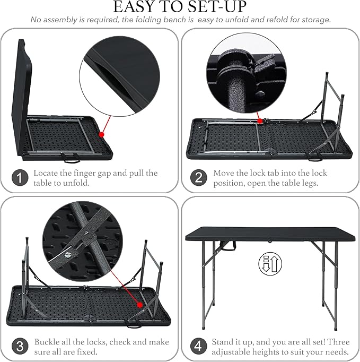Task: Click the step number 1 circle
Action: pyautogui.click(x=20, y=178)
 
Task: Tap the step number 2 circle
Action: pyautogui.click(x=199, y=178)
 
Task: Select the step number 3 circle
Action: pyautogui.click(x=20, y=346)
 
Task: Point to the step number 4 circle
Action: pyautogui.click(x=199, y=346)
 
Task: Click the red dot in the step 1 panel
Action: pyautogui.click(x=101, y=134)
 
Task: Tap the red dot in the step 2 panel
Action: pyautogui.click(x=260, y=120)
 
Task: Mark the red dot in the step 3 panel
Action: pyautogui.click(x=140, y=305)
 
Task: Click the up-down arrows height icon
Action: pyautogui.click(x=270, y=264)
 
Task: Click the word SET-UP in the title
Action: pyautogui.click(x=217, y=6)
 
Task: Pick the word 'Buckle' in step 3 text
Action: pyautogui.click(x=47, y=342)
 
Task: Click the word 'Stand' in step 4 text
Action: pyautogui.click(x=223, y=342)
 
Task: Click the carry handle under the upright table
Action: pyautogui.click(x=227, y=246)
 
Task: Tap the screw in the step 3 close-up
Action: pyautogui.click(x=67, y=255)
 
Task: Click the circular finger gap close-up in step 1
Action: pyautogui.click(x=119, y=76)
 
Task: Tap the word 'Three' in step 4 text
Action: pyautogui.click(x=339, y=342)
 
